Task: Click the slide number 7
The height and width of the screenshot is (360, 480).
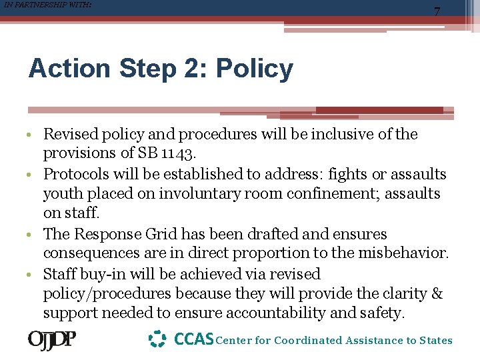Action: click(x=437, y=12)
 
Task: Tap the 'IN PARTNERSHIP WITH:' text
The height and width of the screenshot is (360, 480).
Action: click(x=46, y=5)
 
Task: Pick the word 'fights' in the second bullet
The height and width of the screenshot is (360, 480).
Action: click(x=331, y=174)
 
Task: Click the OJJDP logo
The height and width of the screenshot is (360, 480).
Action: click(x=52, y=340)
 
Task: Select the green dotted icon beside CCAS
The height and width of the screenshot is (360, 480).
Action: click(x=157, y=339)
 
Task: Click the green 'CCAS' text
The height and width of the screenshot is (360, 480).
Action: click(x=193, y=339)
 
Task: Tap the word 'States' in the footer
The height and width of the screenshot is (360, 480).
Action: click(x=435, y=341)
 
